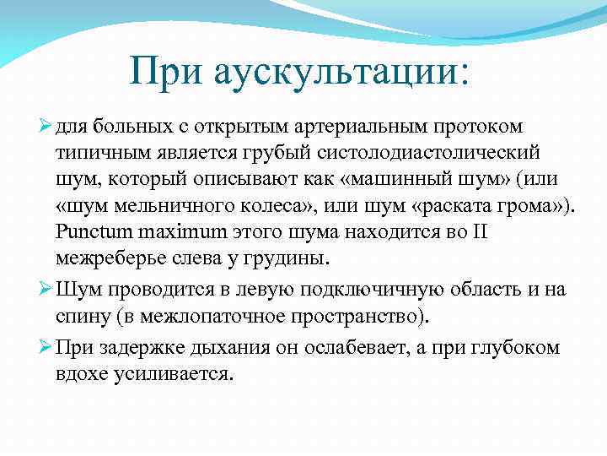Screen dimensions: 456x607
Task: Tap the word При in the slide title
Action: pyautogui.click(x=168, y=71)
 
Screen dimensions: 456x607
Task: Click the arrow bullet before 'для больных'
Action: pyautogui.click(x=46, y=127)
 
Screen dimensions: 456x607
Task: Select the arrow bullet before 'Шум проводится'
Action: pyautogui.click(x=46, y=290)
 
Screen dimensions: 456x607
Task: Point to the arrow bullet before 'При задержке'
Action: pyautogui.click(x=46, y=346)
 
